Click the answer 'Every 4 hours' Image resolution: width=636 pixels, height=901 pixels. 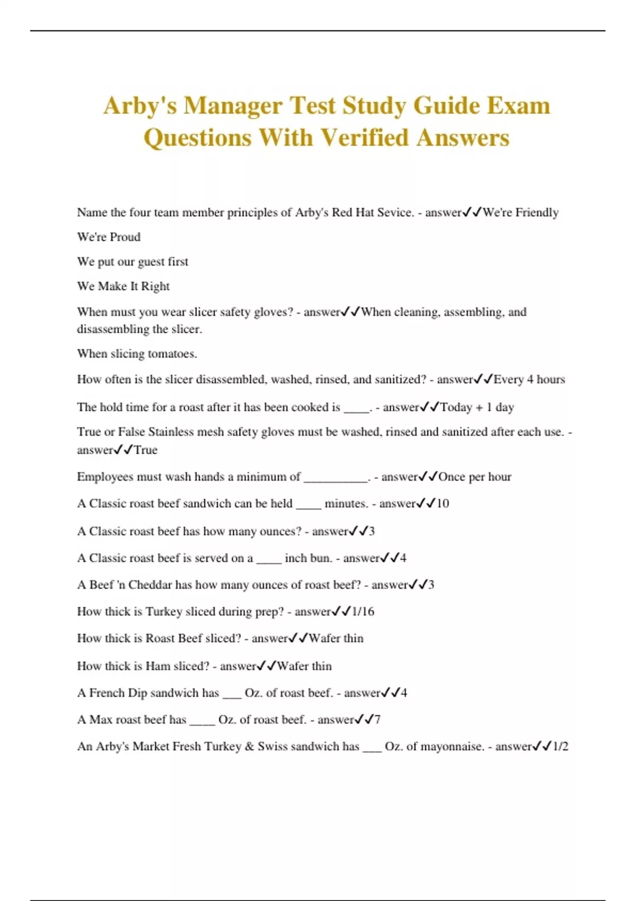[x=529, y=379]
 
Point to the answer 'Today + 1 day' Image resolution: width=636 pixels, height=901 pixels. [x=477, y=407]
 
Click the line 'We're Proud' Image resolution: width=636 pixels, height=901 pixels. [x=109, y=237]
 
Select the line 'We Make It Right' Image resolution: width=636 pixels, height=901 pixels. [x=123, y=286]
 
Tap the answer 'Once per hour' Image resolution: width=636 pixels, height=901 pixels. [x=474, y=476]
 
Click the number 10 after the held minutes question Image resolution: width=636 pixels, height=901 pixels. [x=443, y=503]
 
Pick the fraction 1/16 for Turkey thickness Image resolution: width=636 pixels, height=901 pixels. [x=363, y=612]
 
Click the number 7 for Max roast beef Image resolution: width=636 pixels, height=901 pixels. [x=377, y=720]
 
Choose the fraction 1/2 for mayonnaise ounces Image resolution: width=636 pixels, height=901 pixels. [x=560, y=746]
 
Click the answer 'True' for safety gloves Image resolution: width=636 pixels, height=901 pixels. [x=146, y=450]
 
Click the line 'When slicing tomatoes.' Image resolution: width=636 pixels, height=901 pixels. [x=137, y=354]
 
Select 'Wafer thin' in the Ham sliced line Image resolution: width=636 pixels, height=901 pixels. [x=304, y=666]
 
